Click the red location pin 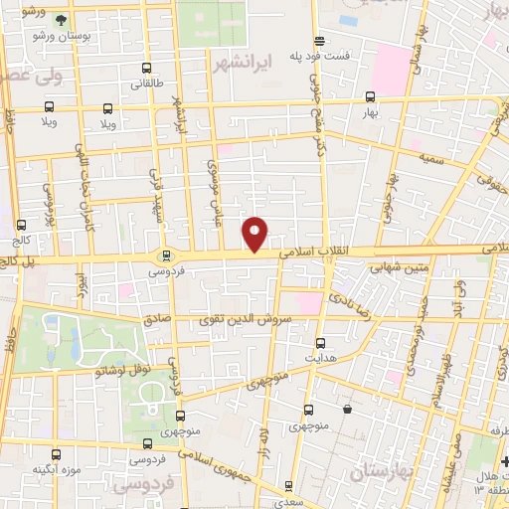coord(256,233)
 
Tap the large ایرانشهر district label coord(243,62)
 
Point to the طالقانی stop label coord(147,85)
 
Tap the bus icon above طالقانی coord(147,70)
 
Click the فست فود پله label coord(320,56)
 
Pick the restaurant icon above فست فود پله coord(319,41)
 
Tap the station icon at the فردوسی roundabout coord(166,255)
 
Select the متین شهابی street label coord(397,265)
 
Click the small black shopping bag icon coord(347,409)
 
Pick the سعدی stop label coord(288,502)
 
